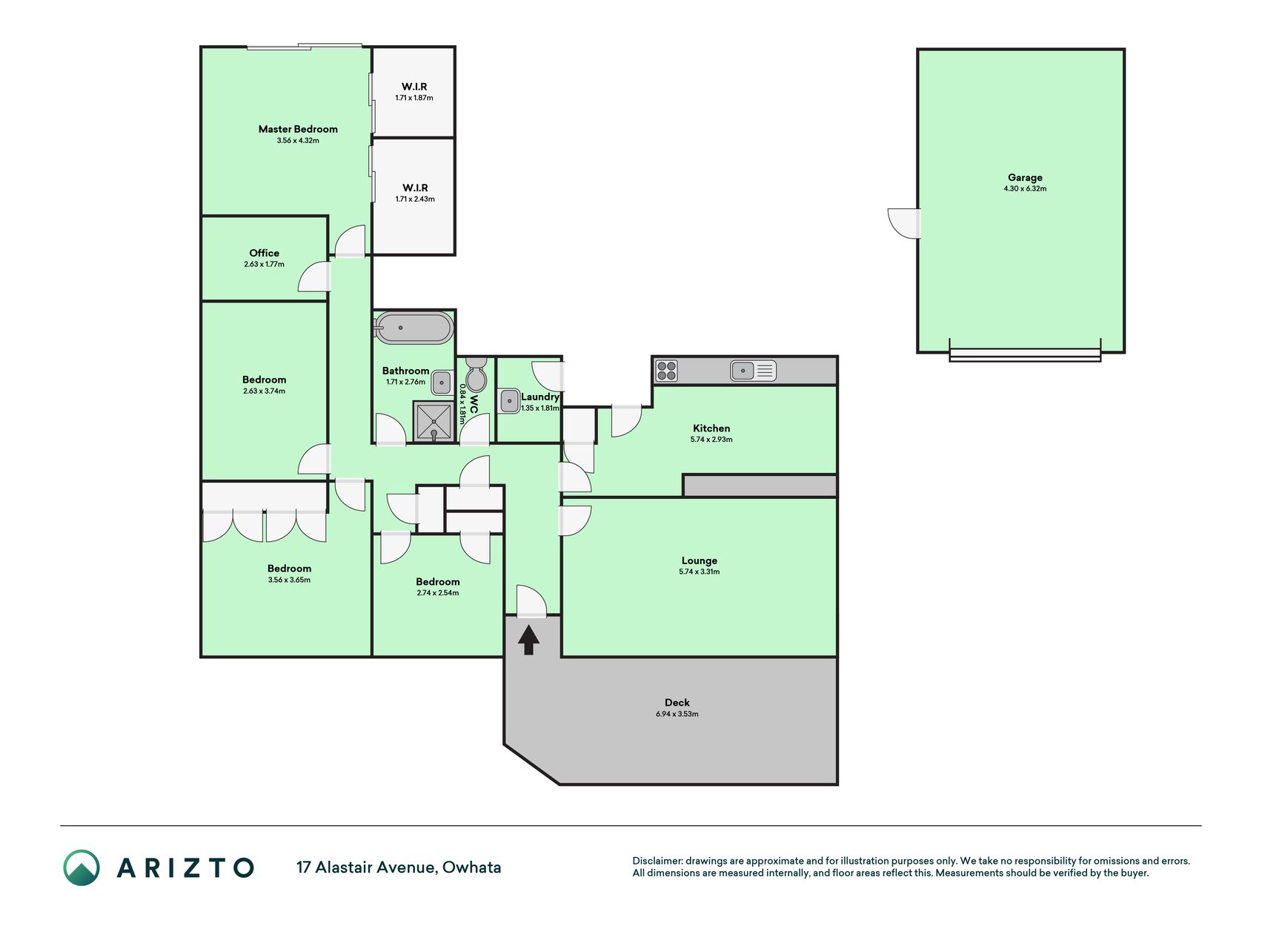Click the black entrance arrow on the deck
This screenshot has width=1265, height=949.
click(x=528, y=640)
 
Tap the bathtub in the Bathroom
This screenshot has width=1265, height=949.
click(x=414, y=328)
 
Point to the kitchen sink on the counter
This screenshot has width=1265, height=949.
click(x=753, y=370)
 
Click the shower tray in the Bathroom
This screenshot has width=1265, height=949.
click(x=434, y=421)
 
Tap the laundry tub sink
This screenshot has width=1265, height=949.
click(x=510, y=401)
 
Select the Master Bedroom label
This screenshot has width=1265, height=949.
click(x=298, y=129)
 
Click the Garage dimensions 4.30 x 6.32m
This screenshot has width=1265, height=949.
click(x=1025, y=189)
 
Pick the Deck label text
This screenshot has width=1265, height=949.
click(x=677, y=702)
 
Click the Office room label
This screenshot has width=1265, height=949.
click(x=264, y=253)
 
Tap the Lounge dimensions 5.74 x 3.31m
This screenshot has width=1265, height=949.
click(x=699, y=572)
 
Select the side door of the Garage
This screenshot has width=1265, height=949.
click(x=904, y=223)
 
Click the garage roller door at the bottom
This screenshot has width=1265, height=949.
click(x=1025, y=355)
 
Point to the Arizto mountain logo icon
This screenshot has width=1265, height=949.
click(x=82, y=867)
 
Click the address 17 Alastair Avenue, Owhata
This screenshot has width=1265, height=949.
click(x=399, y=867)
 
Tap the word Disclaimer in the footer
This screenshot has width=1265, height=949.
click(x=657, y=861)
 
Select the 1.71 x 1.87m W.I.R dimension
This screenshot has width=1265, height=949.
click(x=414, y=98)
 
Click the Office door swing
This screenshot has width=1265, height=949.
click(x=314, y=277)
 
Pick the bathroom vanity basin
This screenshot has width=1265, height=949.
click(x=442, y=383)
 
